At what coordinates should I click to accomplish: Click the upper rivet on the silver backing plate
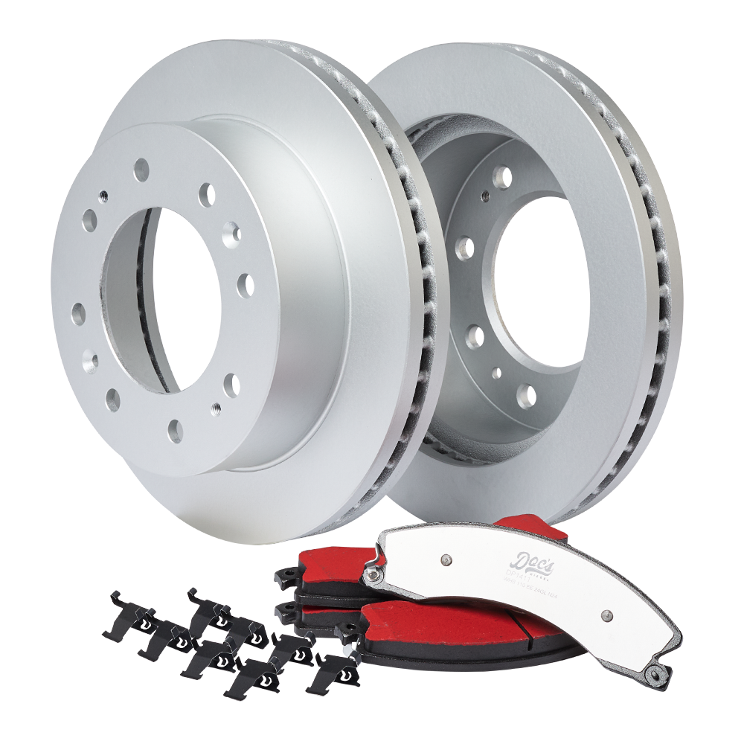445,558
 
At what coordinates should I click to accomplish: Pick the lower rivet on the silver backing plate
606,615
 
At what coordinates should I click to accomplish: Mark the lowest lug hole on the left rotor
176,429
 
